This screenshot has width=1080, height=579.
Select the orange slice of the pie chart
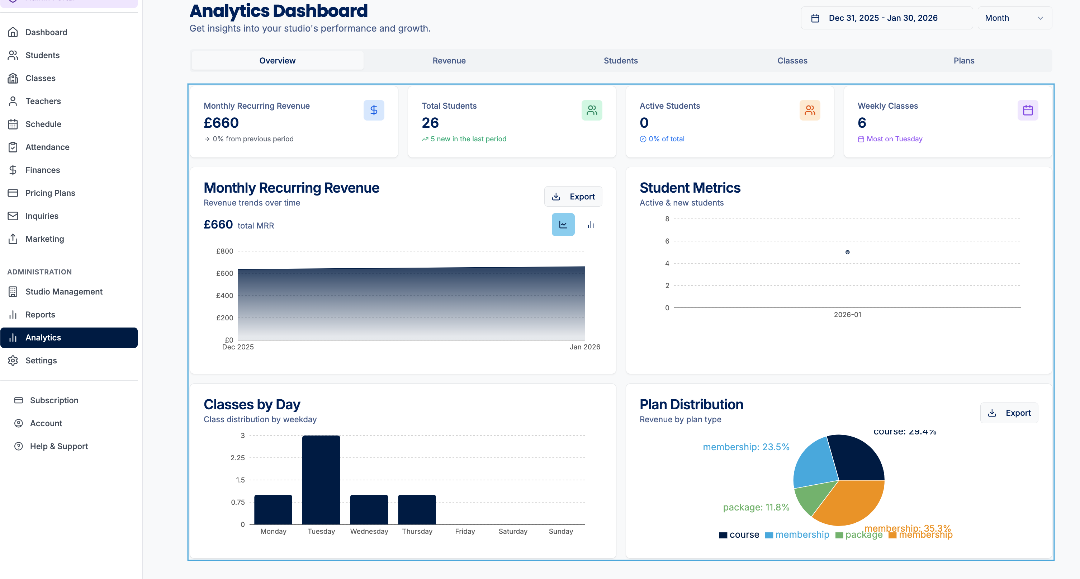[x=851, y=503]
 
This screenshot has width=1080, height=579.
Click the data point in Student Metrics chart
[x=847, y=252]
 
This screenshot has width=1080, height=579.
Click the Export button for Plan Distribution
[x=1009, y=413]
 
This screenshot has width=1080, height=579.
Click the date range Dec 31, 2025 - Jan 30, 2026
[x=882, y=18]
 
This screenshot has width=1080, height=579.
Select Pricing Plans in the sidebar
[x=50, y=193]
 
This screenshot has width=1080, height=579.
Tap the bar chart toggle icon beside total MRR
[x=591, y=225]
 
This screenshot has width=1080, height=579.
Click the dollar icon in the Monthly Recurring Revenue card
[x=374, y=110]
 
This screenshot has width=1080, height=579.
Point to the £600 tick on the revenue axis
[x=225, y=274]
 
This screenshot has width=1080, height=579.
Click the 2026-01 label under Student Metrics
[x=847, y=315]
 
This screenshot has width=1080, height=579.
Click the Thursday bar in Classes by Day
[x=417, y=509]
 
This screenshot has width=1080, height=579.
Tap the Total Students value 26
[x=430, y=123]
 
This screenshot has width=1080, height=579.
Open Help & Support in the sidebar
[x=59, y=446]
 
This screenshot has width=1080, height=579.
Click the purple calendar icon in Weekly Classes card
[x=1028, y=110]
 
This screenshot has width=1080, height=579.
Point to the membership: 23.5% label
[x=746, y=447]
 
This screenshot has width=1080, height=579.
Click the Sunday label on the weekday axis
[x=560, y=532]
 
